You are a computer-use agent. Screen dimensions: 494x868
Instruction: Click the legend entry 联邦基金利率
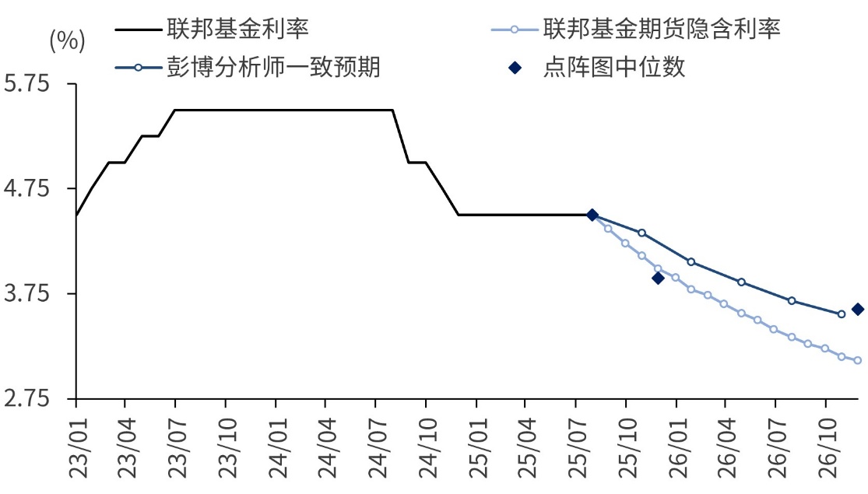coord(237,30)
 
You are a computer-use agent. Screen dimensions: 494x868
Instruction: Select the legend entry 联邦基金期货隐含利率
coord(662,30)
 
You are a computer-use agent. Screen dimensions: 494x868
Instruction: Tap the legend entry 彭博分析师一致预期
coord(272,68)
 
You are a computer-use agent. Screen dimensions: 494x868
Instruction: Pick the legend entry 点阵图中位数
coord(614,68)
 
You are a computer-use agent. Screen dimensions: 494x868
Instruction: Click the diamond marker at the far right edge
coord(858,310)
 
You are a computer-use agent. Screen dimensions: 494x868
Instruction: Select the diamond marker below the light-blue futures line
coord(658,278)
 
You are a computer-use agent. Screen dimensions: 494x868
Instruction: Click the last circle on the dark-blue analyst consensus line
coord(841,314)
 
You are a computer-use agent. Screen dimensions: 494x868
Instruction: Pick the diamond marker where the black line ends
coord(592,215)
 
